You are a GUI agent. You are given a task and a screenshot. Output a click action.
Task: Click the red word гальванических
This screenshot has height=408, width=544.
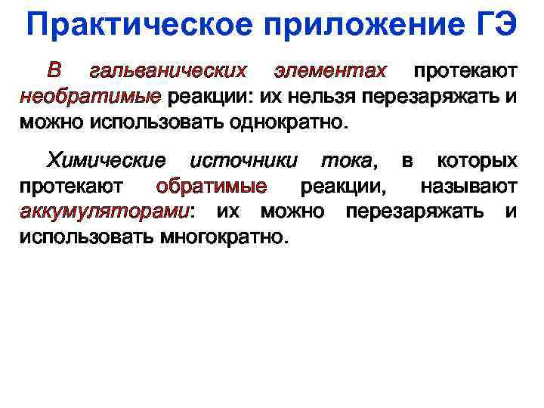168,72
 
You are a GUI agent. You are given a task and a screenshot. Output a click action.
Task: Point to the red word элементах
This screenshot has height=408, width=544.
330,72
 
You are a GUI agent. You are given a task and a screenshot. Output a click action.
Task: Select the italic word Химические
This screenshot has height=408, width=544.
107,161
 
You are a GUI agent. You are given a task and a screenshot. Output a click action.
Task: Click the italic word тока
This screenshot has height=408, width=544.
346,161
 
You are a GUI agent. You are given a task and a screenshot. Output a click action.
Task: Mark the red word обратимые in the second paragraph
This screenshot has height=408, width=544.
211,187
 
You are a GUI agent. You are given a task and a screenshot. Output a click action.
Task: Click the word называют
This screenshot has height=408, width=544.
468,187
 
